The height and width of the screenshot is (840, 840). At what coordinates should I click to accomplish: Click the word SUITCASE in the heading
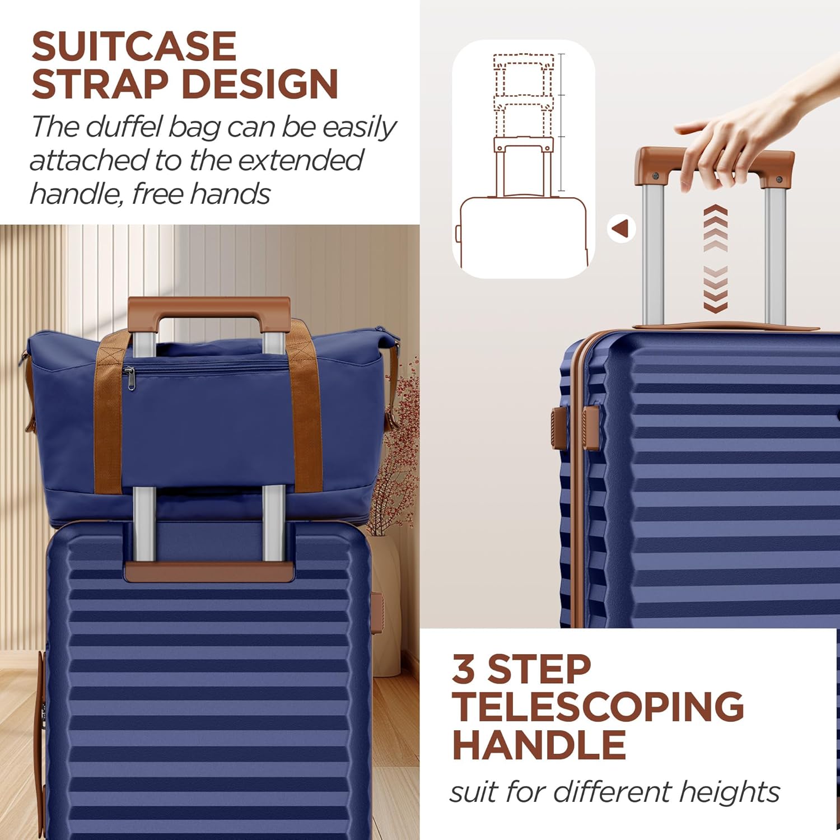pos(134,46)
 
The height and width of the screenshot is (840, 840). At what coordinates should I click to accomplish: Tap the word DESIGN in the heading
pos(260,85)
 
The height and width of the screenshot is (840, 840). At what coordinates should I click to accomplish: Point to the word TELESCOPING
pos(598,707)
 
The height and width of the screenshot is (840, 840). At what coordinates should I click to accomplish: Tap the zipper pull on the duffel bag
pos(130,379)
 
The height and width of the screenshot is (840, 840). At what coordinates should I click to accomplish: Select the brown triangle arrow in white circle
pos(621,228)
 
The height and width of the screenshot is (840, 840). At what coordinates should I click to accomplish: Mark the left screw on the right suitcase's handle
pos(656,176)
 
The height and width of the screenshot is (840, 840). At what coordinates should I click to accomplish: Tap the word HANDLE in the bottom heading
pos(539,745)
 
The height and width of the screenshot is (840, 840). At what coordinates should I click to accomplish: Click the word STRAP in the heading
pos(100,85)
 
